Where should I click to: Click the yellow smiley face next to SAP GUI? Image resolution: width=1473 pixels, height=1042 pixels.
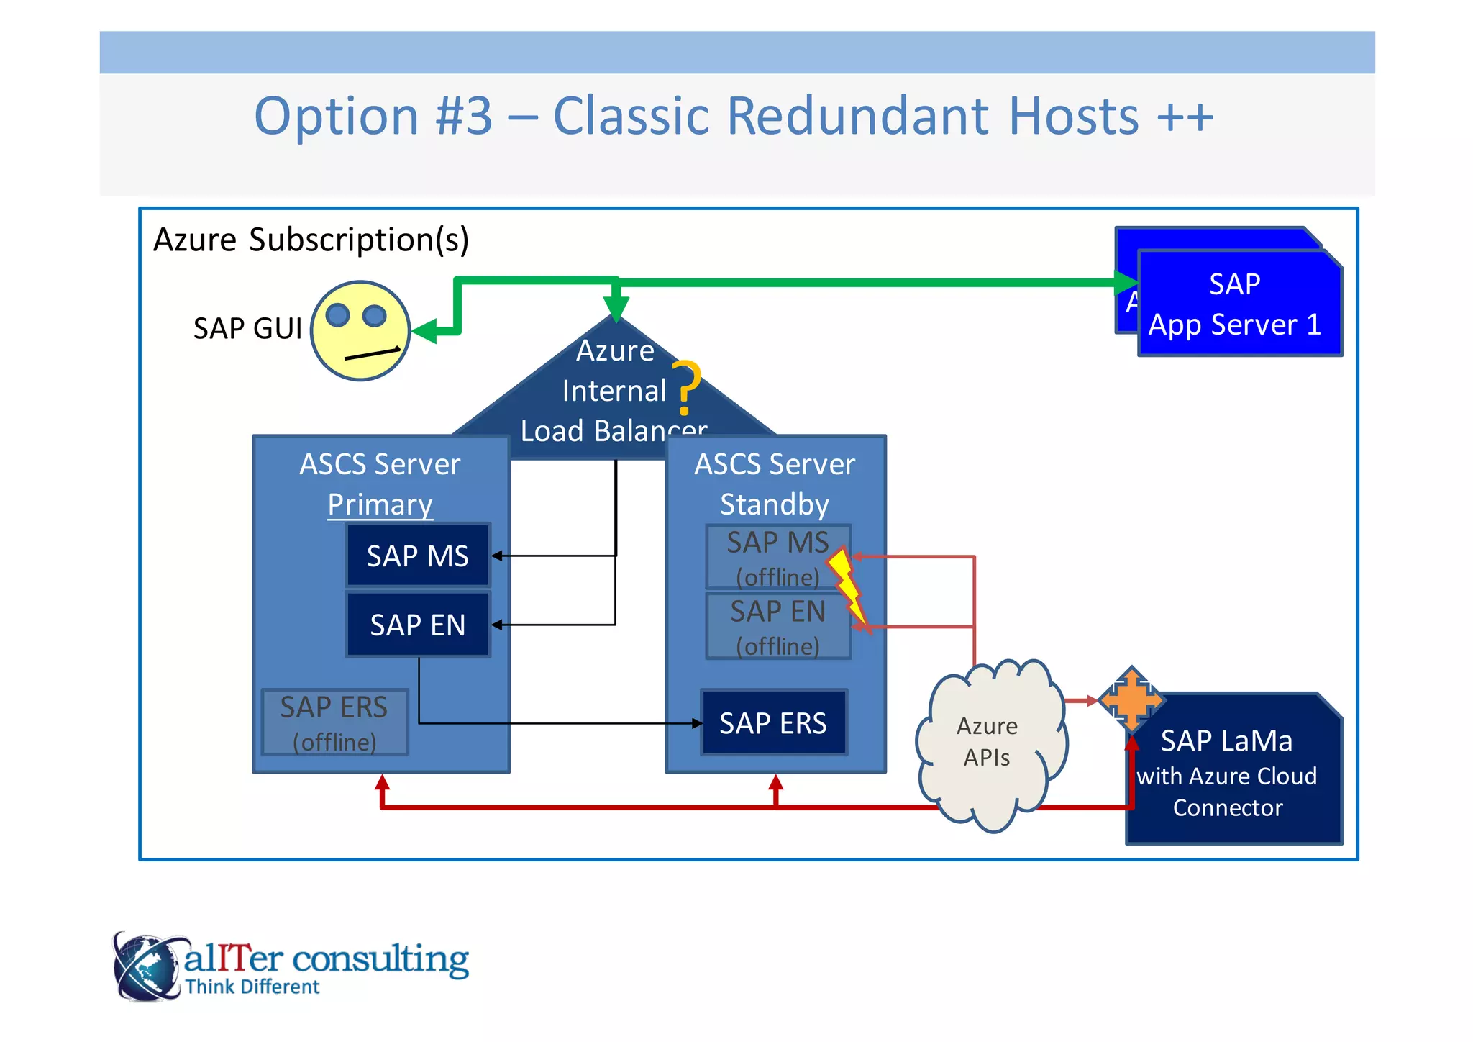pos(360,331)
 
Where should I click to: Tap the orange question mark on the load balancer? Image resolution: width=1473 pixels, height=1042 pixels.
pos(686,386)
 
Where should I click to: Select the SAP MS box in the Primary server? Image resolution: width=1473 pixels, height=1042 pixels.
pos(418,556)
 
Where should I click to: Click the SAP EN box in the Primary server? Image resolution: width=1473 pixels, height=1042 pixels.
pos(418,625)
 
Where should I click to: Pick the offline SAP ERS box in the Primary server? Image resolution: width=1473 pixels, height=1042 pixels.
pos(334,722)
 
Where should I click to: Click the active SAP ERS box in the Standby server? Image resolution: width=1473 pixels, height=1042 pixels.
pos(774,722)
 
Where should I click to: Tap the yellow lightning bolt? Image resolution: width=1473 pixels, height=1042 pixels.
pos(847,586)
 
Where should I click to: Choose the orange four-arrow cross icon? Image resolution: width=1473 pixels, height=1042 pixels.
pos(1131,698)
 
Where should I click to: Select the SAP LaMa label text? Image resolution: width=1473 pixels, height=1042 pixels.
pos(1227,741)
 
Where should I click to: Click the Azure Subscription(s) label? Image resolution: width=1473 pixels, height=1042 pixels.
pos(311,240)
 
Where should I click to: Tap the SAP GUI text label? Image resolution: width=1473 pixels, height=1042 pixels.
pos(247,329)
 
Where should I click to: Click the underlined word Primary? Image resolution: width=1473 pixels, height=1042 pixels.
pos(380,504)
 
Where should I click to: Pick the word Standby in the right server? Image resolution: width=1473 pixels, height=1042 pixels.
pos(775,504)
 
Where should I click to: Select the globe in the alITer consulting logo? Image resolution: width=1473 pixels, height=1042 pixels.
pos(146,966)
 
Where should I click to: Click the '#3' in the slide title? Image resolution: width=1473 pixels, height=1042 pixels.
pos(465,117)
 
